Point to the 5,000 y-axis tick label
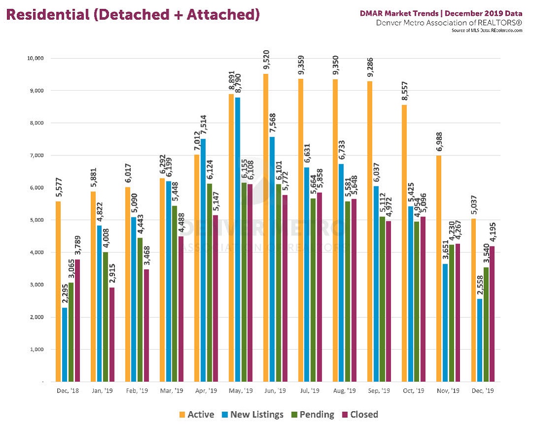36,220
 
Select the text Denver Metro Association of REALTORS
449,23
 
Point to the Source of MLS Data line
487,31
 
